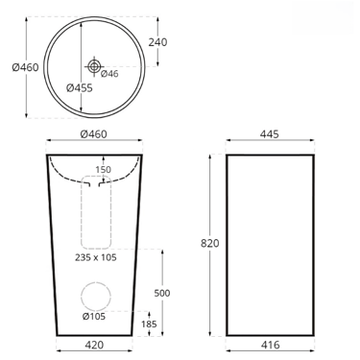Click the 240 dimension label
pos(157,42)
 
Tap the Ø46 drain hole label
pos(109,74)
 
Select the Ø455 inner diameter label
pos(80,87)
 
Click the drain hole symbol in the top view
pos(94,66)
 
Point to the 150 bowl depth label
pos(103,170)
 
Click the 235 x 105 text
pos(96,257)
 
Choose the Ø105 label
pos(94,317)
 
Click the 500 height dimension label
pos(162,293)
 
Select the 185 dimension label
pos(149,324)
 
